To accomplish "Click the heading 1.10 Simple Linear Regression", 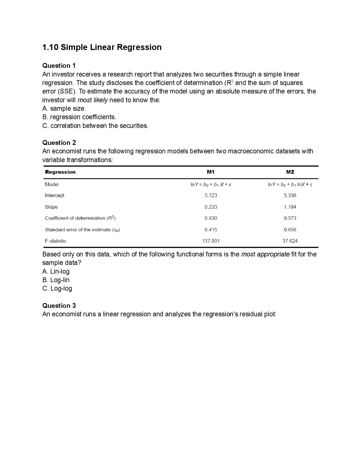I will (102, 47).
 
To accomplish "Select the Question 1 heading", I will (59, 66).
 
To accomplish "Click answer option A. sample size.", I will (64, 109).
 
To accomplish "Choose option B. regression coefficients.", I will (79, 117).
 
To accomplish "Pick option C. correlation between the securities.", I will (95, 126).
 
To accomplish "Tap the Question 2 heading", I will (59, 143).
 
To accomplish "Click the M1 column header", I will (211, 172).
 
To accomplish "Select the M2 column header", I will (290, 172).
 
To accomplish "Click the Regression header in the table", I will (60, 172).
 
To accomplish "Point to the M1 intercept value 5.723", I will (211, 195).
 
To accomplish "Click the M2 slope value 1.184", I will (290, 207).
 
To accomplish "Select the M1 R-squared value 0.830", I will (211, 218).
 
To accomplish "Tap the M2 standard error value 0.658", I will (290, 230).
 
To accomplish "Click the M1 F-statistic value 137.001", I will (211, 241).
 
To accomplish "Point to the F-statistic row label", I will (56, 241).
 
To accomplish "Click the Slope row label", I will (51, 207).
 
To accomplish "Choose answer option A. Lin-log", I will (56, 272).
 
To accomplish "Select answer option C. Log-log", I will (57, 288).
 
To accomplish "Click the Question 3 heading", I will (59, 306).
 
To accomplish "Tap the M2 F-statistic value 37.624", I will (290, 241).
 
